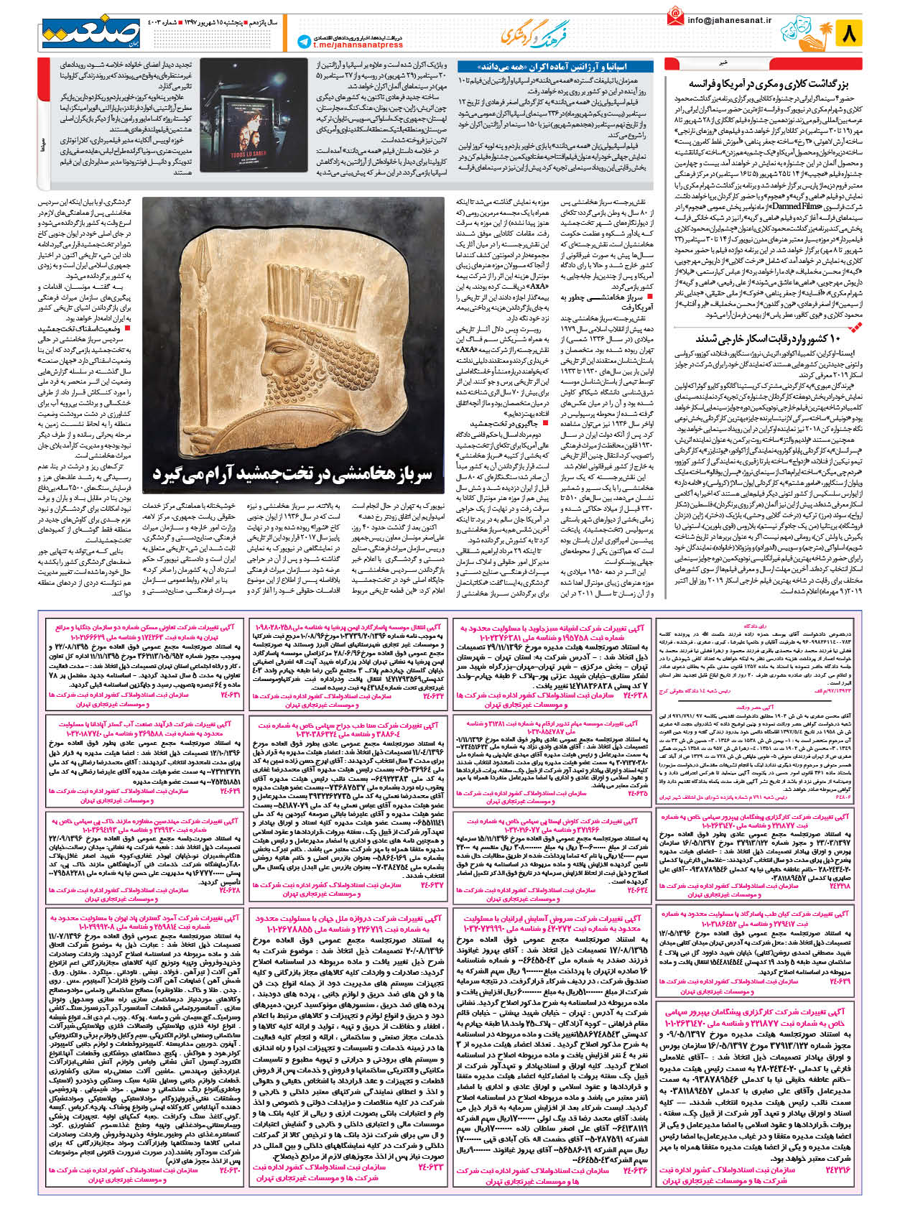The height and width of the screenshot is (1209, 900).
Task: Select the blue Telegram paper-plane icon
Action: [x=303, y=42]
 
